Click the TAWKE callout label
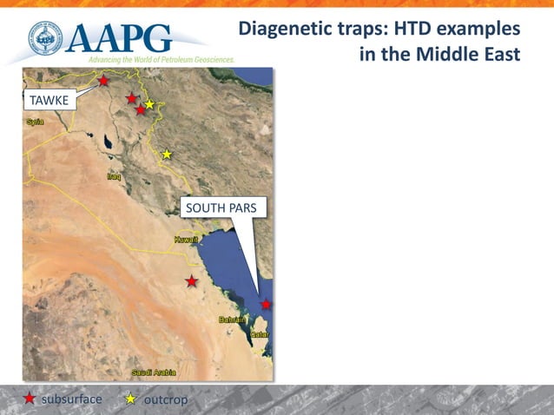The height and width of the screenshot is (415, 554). click(x=49, y=101)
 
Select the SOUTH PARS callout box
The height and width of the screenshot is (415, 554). click(x=225, y=208)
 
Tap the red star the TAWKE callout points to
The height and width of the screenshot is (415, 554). click(x=103, y=81)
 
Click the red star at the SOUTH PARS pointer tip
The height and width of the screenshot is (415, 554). click(x=266, y=304)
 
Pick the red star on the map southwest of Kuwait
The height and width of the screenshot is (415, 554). click(x=191, y=281)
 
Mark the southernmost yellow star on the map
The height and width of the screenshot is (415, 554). click(x=167, y=155)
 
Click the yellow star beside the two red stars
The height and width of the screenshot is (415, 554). click(x=149, y=104)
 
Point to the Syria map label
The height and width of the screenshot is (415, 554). click(x=34, y=122)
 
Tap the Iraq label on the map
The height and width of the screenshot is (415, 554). click(x=114, y=176)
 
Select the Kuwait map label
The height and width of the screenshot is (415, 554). click(x=186, y=239)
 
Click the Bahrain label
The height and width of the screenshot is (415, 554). click(x=233, y=320)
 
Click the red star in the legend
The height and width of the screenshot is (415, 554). click(x=30, y=399)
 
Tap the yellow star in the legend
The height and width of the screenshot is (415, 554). click(x=130, y=399)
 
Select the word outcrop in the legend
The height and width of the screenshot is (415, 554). click(x=165, y=399)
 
